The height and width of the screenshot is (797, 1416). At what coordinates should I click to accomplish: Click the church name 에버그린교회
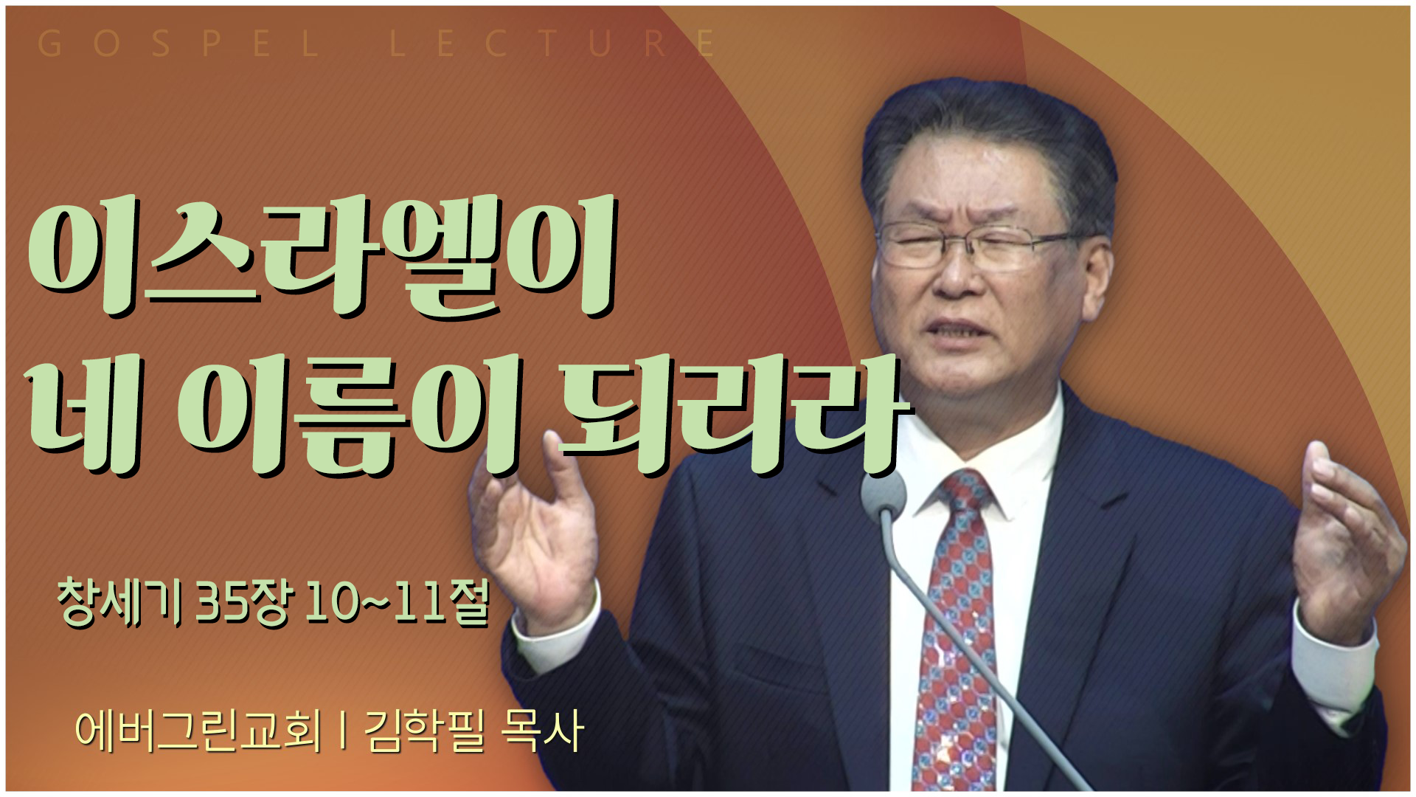198,731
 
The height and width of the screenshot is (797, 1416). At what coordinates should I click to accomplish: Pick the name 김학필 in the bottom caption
425,731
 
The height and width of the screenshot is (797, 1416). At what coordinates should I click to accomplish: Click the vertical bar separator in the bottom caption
344,731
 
